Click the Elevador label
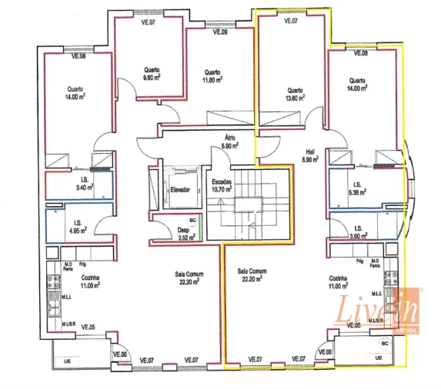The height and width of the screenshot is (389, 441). click(x=181, y=188)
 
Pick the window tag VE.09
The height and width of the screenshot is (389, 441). click(x=220, y=32)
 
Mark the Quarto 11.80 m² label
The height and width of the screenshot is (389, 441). click(x=212, y=75)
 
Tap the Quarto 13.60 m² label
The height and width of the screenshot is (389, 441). click(x=296, y=93)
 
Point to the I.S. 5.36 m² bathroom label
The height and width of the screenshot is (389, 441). click(x=357, y=188)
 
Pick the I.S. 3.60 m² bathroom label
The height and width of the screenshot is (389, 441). click(x=357, y=231)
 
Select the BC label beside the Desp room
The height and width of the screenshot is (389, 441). click(x=192, y=220)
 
